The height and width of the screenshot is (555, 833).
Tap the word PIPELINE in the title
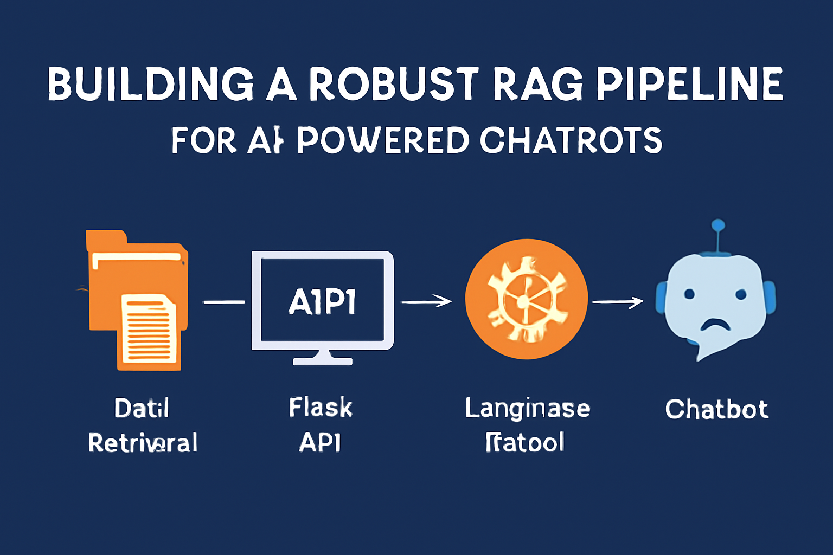click(689, 85)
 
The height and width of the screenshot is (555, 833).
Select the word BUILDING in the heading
click(151, 85)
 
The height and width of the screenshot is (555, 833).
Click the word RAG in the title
click(539, 85)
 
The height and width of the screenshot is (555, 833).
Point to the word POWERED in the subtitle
click(383, 140)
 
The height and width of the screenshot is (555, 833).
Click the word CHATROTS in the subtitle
click(571, 140)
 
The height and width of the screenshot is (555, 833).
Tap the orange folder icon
click(136, 282)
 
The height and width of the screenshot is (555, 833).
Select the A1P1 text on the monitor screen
click(322, 302)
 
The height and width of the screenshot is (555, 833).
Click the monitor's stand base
click(323, 361)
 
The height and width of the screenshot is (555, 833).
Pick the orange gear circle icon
click(526, 299)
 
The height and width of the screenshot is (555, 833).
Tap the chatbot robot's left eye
click(689, 294)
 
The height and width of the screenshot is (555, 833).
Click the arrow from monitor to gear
click(426, 301)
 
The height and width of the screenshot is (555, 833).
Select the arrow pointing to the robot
click(618, 301)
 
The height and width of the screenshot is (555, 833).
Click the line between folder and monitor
click(223, 301)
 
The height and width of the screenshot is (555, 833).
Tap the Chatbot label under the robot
click(716, 409)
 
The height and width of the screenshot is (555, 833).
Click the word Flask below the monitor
click(321, 408)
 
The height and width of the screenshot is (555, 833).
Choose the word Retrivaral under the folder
click(143, 443)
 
